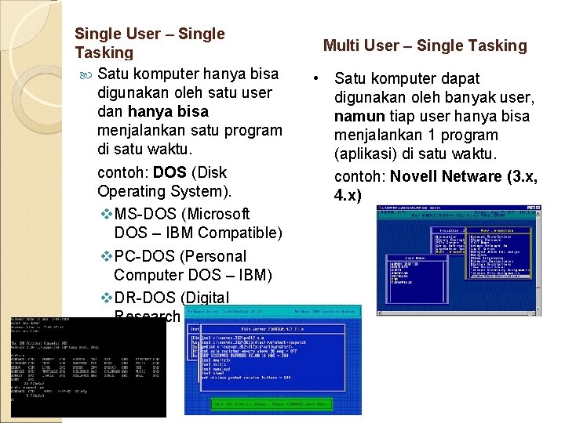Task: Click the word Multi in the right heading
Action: point(340,45)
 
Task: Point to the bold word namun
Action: point(358,117)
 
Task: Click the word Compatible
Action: point(240,233)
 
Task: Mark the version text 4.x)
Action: point(348,195)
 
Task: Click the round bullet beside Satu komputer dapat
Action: point(315,79)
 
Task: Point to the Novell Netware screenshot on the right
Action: point(459,260)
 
